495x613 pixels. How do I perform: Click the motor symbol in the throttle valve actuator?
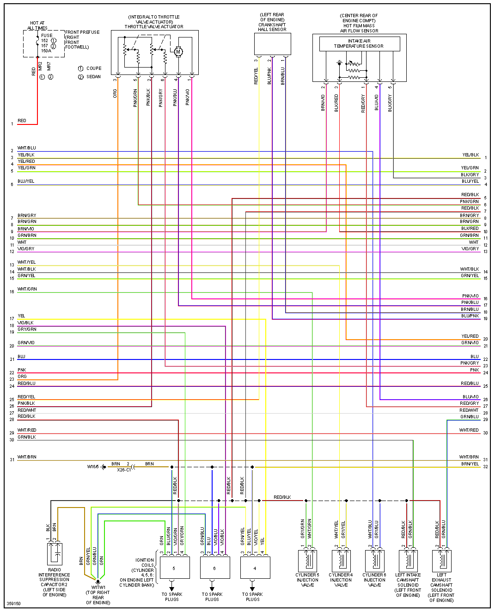click(178, 52)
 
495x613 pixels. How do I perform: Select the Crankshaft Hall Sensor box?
click(272, 44)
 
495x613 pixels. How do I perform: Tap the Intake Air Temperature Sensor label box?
click(359, 43)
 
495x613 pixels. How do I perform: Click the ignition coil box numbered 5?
click(174, 568)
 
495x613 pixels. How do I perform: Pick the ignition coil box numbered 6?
click(214, 568)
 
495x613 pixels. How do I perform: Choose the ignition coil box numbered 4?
click(255, 568)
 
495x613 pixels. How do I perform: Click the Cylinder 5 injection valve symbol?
click(307, 560)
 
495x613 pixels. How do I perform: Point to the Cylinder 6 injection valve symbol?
click(374, 560)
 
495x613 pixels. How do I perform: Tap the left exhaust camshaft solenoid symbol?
click(441, 560)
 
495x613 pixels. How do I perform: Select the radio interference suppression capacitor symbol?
click(55, 554)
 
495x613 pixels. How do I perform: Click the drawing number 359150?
click(14, 604)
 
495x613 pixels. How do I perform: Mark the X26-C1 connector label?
click(124, 470)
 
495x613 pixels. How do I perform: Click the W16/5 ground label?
click(93, 467)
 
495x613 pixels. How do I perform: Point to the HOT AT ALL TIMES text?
click(37, 25)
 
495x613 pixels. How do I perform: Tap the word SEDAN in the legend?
click(93, 77)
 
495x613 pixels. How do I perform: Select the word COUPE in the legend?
click(94, 68)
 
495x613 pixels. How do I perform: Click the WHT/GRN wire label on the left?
click(27, 289)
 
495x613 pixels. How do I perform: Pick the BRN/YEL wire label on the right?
click(470, 464)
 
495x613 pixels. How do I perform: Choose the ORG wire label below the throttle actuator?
click(115, 94)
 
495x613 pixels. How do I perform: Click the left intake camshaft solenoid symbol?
click(408, 560)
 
